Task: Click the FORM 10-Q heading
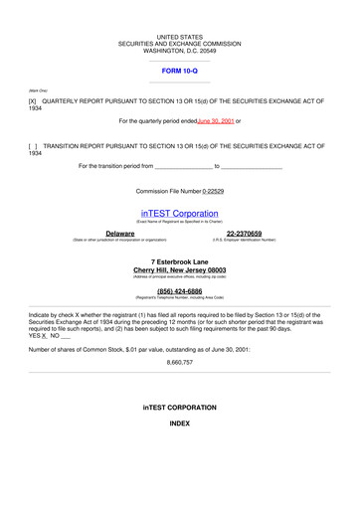click(179, 73)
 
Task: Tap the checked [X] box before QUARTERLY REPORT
click(33, 101)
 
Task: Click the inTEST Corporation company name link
click(179, 213)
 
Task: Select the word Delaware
click(119, 233)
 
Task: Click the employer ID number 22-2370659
click(244, 233)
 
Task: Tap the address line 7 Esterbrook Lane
click(179, 261)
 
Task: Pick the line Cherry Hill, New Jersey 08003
click(179, 269)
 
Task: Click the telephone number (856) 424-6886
click(179, 291)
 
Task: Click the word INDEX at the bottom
click(179, 424)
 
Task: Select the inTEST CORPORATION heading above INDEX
click(179, 408)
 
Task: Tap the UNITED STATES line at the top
click(179, 37)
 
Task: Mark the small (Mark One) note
click(38, 89)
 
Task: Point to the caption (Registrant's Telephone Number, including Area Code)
click(179, 298)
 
